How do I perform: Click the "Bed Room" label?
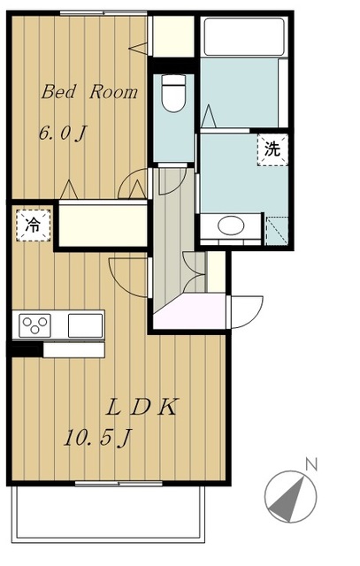coord(89,92)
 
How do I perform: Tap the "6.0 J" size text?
coord(63,134)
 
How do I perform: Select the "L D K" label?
coord(142,407)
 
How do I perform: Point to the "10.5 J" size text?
coord(97,438)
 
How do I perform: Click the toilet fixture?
coord(173,93)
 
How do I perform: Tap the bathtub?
coord(244,36)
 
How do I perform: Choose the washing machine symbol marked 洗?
coord(273,149)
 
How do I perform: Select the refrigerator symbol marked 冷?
coord(34,226)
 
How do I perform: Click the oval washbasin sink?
coord(231,226)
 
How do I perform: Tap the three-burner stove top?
coord(34,325)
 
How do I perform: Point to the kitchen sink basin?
coord(86,325)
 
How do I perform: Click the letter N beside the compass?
coord(311,464)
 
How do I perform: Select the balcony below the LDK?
coord(108,514)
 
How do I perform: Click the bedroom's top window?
coord(103,13)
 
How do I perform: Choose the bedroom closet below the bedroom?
coord(103,226)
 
